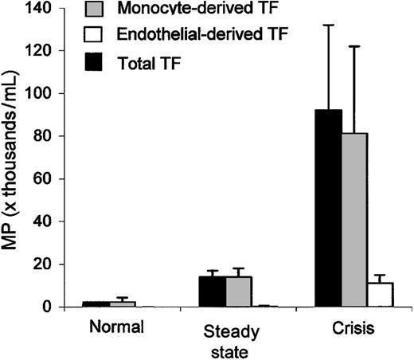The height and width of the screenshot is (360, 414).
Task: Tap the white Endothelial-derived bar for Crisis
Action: tap(381, 294)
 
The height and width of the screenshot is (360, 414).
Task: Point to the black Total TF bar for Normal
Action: tap(97, 303)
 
